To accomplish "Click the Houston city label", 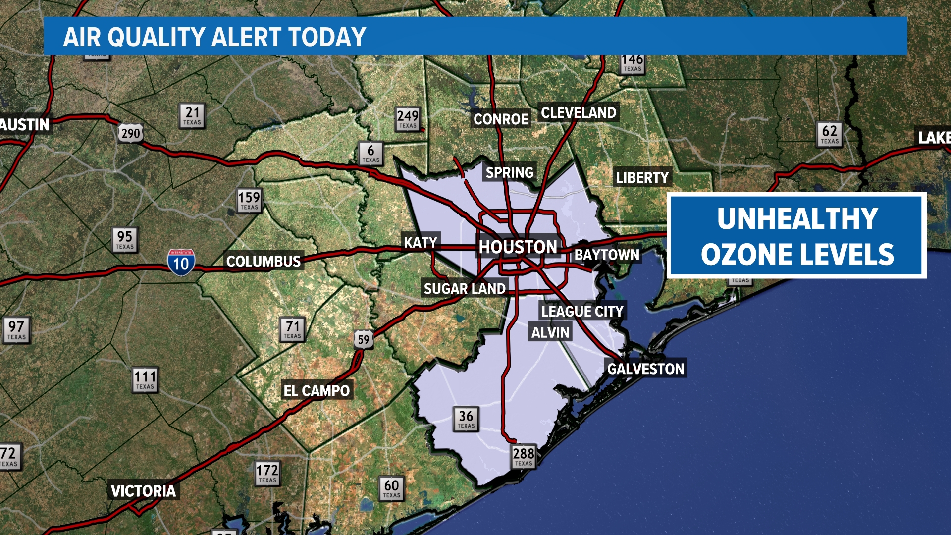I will (518, 247).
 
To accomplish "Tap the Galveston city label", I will (645, 369).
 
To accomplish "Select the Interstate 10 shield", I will (181, 262).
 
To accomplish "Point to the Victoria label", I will (143, 491).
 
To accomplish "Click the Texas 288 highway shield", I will (524, 456).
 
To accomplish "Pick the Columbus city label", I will (264, 261).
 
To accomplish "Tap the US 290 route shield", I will (131, 133).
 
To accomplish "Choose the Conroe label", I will (501, 119).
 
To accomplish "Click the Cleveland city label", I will (579, 113).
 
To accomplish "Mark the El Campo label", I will (317, 391).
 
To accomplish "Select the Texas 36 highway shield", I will (466, 419).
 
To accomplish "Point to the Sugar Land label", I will (465, 289).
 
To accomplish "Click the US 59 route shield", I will (364, 339).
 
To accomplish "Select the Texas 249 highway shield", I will (408, 119).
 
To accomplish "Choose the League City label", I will (582, 311).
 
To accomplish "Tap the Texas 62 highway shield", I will (830, 134).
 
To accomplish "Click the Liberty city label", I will (642, 177).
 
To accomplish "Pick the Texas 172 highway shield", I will (267, 473).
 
